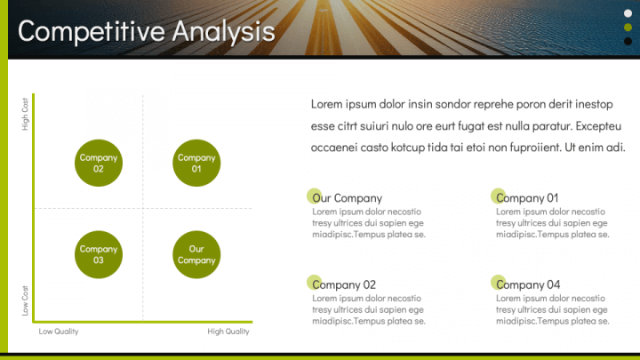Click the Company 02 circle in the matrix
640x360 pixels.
click(99, 164)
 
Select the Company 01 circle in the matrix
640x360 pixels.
click(196, 164)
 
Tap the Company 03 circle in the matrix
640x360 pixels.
click(99, 255)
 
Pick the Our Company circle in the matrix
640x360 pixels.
click(196, 255)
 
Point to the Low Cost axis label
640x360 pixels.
click(25, 300)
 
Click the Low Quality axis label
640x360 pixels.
click(59, 332)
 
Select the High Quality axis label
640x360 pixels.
click(228, 332)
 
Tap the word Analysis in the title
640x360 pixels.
click(223, 31)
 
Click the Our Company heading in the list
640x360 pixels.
click(348, 198)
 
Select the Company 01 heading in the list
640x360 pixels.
click(528, 198)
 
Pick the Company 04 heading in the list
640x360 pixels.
click(529, 284)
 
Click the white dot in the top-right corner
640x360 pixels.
click(628, 12)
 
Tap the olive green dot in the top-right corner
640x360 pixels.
click(628, 27)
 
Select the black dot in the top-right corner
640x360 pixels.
click(628, 41)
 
